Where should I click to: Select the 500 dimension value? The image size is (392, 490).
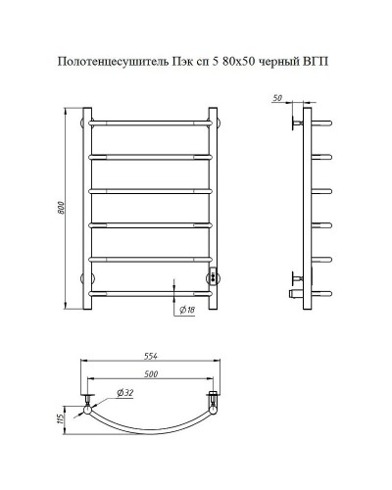[150, 373]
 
